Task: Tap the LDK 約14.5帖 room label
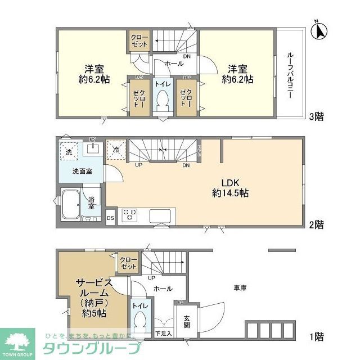click(x=231, y=187)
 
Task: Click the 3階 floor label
click(x=315, y=118)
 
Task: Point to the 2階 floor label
click(x=315, y=224)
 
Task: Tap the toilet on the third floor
click(x=163, y=102)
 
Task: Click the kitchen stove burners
click(x=130, y=215)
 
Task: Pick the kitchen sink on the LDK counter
click(x=161, y=215)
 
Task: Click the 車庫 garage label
click(x=240, y=288)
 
